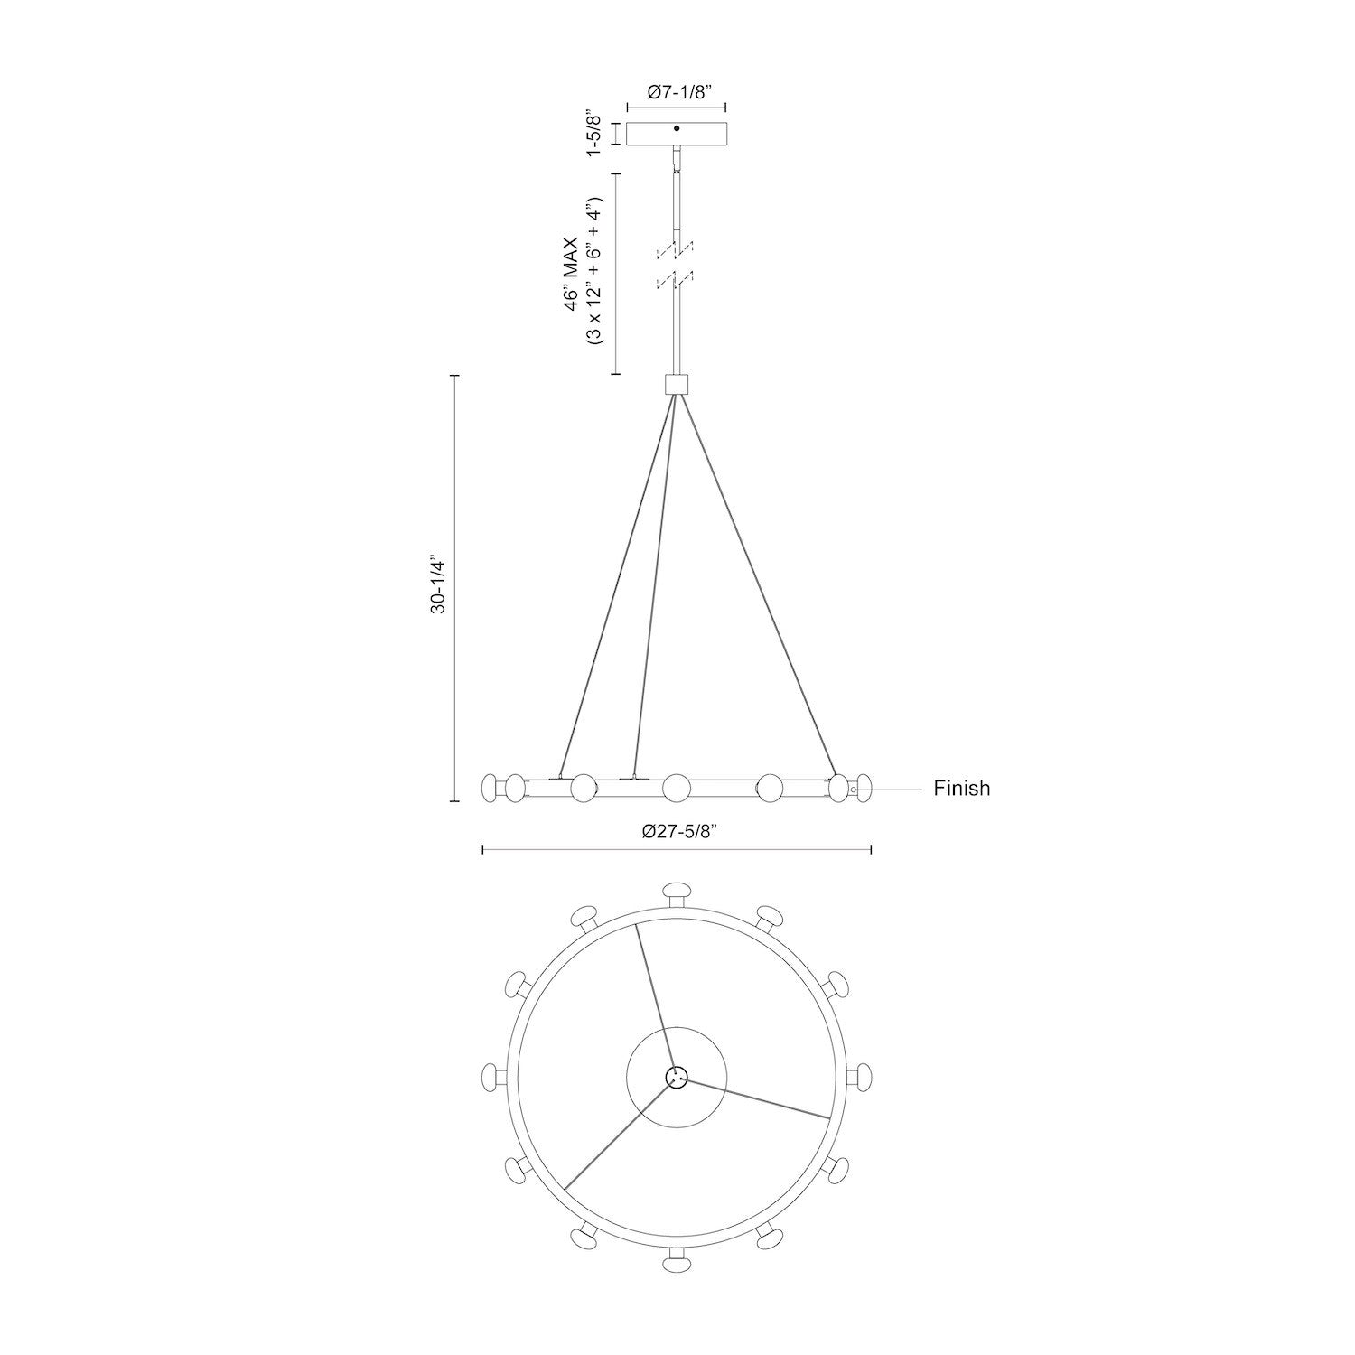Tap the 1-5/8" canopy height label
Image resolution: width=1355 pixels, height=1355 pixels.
coord(593,134)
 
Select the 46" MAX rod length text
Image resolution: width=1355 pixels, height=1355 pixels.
coord(571,274)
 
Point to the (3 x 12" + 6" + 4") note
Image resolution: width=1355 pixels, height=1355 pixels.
coord(594,274)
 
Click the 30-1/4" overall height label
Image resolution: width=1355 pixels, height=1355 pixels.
coord(439,585)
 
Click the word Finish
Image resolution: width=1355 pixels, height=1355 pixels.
coord(961,789)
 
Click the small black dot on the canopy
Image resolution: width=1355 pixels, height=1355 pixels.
coord(677,129)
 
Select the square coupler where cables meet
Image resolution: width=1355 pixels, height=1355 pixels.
coord(677,384)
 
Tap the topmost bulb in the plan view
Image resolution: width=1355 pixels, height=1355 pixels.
coord(677,892)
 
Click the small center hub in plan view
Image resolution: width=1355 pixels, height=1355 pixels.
coord(677,1076)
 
